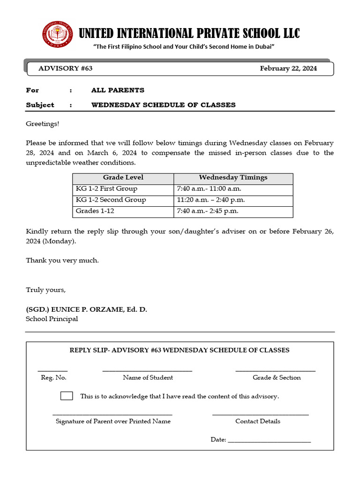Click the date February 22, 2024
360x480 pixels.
[x=288, y=68]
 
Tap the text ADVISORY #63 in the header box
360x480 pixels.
[x=65, y=68]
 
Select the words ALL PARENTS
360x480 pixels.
[x=118, y=90]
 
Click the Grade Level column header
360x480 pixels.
[x=123, y=178]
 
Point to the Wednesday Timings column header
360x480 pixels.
[x=233, y=178]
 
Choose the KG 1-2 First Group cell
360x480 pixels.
[x=106, y=189]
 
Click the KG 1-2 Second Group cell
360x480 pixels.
[x=111, y=200]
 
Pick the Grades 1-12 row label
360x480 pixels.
[x=95, y=211]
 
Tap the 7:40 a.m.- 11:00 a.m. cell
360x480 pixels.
[x=209, y=189]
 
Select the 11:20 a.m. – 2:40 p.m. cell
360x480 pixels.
[x=211, y=200]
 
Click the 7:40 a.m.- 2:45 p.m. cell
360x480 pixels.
[x=208, y=211]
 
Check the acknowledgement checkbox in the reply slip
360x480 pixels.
[x=67, y=396]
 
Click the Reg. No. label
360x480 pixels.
[x=53, y=378]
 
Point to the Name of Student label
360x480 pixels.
[x=148, y=378]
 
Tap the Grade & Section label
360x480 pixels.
[x=277, y=378]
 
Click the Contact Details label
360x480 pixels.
[x=258, y=421]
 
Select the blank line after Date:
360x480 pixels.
[x=270, y=440]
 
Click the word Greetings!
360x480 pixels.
[x=43, y=124]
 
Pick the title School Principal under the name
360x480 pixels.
[x=52, y=319]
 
